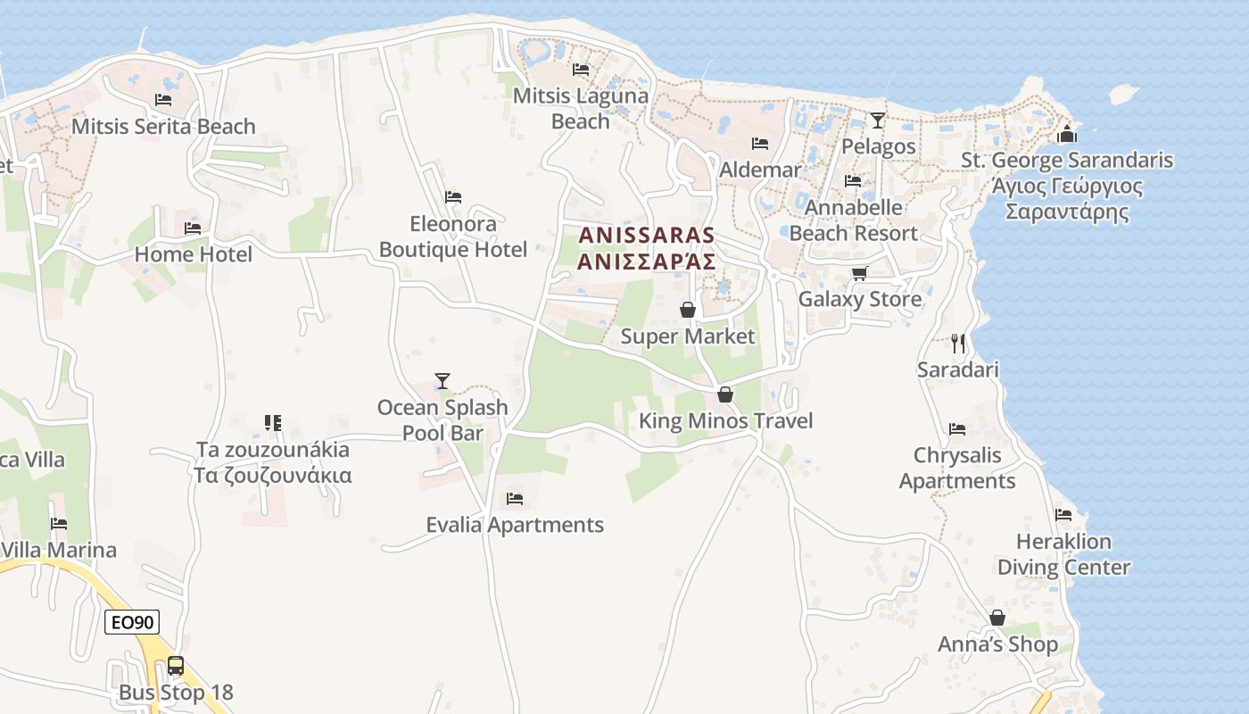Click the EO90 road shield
132,622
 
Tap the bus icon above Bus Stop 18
176,665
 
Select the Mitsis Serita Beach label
163,127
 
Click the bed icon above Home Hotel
193,228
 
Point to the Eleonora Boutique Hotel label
453,237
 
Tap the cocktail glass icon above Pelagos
878,120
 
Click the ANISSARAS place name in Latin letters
647,236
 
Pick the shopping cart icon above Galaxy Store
859,273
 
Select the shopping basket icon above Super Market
688,310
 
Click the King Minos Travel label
725,420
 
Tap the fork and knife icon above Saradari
958,344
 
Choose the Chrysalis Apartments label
957,468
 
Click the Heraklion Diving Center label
1063,554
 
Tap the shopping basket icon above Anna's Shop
997,618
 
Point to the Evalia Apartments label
515,525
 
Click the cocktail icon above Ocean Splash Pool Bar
442,381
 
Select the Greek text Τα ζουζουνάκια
273,475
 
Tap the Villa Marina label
59,550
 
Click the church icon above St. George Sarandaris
1066,135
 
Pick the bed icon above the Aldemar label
760,143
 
